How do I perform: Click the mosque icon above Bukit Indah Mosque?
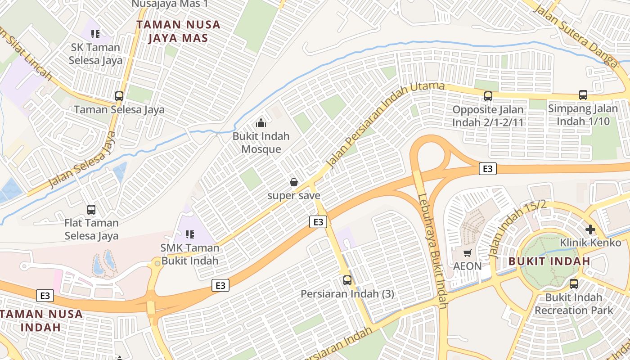coord(261,122)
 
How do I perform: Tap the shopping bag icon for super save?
coord(294,182)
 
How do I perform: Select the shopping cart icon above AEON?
coord(468,253)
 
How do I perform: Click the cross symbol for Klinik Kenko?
coord(590,229)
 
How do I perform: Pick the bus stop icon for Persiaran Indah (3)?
coord(347,280)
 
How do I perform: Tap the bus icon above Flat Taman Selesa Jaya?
coord(91,209)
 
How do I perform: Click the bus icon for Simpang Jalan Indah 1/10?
coord(583,95)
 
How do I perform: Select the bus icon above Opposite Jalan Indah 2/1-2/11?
coord(488,96)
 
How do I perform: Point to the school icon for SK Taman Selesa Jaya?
coord(95,34)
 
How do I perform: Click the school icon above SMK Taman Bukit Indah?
coord(190,234)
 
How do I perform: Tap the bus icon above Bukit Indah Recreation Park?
coord(574,284)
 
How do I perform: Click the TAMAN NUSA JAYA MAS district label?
coord(179,31)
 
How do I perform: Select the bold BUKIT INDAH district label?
coord(549,261)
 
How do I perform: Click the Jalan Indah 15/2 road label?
coord(517,229)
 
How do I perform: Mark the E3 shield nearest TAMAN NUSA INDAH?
coord(45,295)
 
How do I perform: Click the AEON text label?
coord(468,266)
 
